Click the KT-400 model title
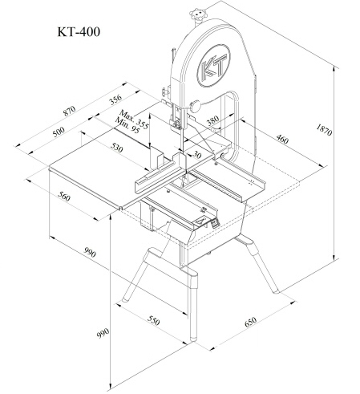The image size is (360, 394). click(x=79, y=32)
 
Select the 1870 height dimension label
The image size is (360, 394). click(x=324, y=130)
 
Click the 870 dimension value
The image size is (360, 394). click(x=70, y=111)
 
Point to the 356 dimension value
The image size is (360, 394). click(x=115, y=100)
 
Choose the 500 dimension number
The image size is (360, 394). click(x=59, y=132)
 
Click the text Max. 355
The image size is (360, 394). click(x=134, y=120)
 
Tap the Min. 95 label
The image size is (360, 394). click(x=127, y=126)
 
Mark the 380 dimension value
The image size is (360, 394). click(x=213, y=120)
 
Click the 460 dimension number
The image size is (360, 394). click(x=282, y=139)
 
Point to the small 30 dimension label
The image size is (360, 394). click(x=196, y=155)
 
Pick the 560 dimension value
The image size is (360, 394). click(x=64, y=197)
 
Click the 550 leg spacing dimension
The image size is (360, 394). click(x=153, y=320)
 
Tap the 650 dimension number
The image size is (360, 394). click(x=250, y=322)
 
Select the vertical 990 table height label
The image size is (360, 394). click(x=103, y=333)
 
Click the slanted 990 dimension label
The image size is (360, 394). click(x=90, y=252)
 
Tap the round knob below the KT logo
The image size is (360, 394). click(x=196, y=106)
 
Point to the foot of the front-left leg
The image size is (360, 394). click(x=124, y=299)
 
